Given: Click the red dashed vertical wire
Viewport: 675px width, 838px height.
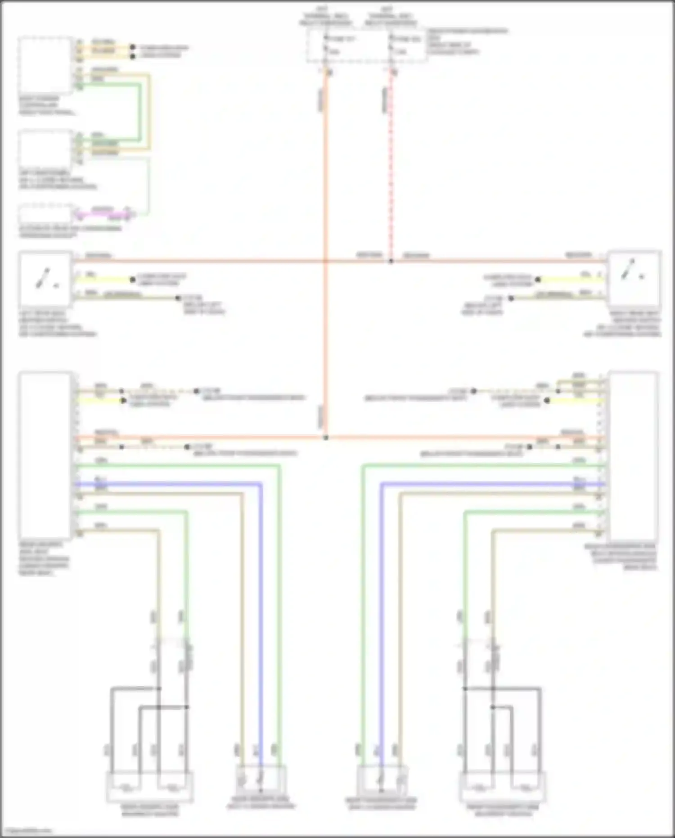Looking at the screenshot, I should (x=391, y=171).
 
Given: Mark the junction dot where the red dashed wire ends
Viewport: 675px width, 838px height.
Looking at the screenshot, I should (x=391, y=261).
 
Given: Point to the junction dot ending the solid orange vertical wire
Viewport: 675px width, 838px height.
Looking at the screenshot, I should (x=326, y=438).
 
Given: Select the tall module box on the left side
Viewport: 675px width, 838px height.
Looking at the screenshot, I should (x=45, y=455).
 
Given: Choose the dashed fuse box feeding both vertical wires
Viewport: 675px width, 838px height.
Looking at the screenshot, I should (x=367, y=45).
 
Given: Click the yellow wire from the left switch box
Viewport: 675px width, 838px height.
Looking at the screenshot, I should (x=103, y=280).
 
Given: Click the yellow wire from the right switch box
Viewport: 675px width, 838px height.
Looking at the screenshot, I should (x=571, y=280).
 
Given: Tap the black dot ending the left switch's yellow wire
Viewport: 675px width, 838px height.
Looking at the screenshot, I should (x=133, y=280).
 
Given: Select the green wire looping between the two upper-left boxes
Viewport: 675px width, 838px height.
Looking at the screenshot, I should (x=140, y=113).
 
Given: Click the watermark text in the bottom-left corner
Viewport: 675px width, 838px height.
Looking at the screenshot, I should (x=27, y=831).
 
